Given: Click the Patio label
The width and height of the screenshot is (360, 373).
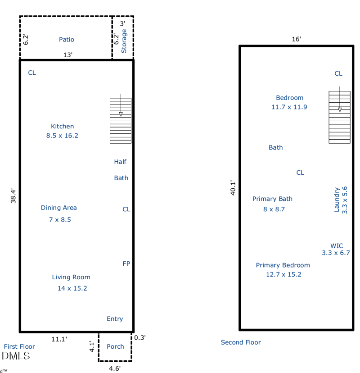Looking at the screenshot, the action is (67, 40).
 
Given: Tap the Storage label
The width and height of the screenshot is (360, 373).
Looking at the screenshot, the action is (124, 41).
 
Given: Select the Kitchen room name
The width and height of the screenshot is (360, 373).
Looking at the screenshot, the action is (62, 126).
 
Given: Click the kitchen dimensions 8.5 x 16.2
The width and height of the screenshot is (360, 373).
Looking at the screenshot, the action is (62, 136).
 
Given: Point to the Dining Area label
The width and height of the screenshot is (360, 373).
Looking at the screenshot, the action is (58, 208).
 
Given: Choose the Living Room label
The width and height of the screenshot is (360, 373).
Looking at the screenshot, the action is (71, 277).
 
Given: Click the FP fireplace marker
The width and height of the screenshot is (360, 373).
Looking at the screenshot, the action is (126, 264).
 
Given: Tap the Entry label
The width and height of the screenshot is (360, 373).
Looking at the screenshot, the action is (115, 319).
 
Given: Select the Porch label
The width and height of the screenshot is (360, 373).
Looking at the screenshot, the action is (115, 346).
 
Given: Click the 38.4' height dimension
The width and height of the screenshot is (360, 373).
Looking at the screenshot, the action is (13, 196).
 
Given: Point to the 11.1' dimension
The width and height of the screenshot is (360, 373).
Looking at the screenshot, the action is (59, 339).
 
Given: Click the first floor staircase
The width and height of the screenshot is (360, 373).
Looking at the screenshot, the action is (121, 121).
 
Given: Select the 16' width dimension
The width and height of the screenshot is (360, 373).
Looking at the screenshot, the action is (296, 39).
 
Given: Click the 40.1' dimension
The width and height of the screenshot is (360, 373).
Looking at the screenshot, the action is (233, 188).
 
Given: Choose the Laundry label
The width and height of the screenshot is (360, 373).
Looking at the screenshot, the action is (337, 200).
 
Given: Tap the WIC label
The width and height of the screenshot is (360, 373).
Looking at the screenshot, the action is (337, 246).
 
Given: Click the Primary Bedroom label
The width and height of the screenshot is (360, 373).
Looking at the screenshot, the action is (283, 265).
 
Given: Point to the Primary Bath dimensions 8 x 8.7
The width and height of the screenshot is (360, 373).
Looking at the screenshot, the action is (274, 209).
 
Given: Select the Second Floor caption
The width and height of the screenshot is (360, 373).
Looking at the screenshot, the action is (241, 342).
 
